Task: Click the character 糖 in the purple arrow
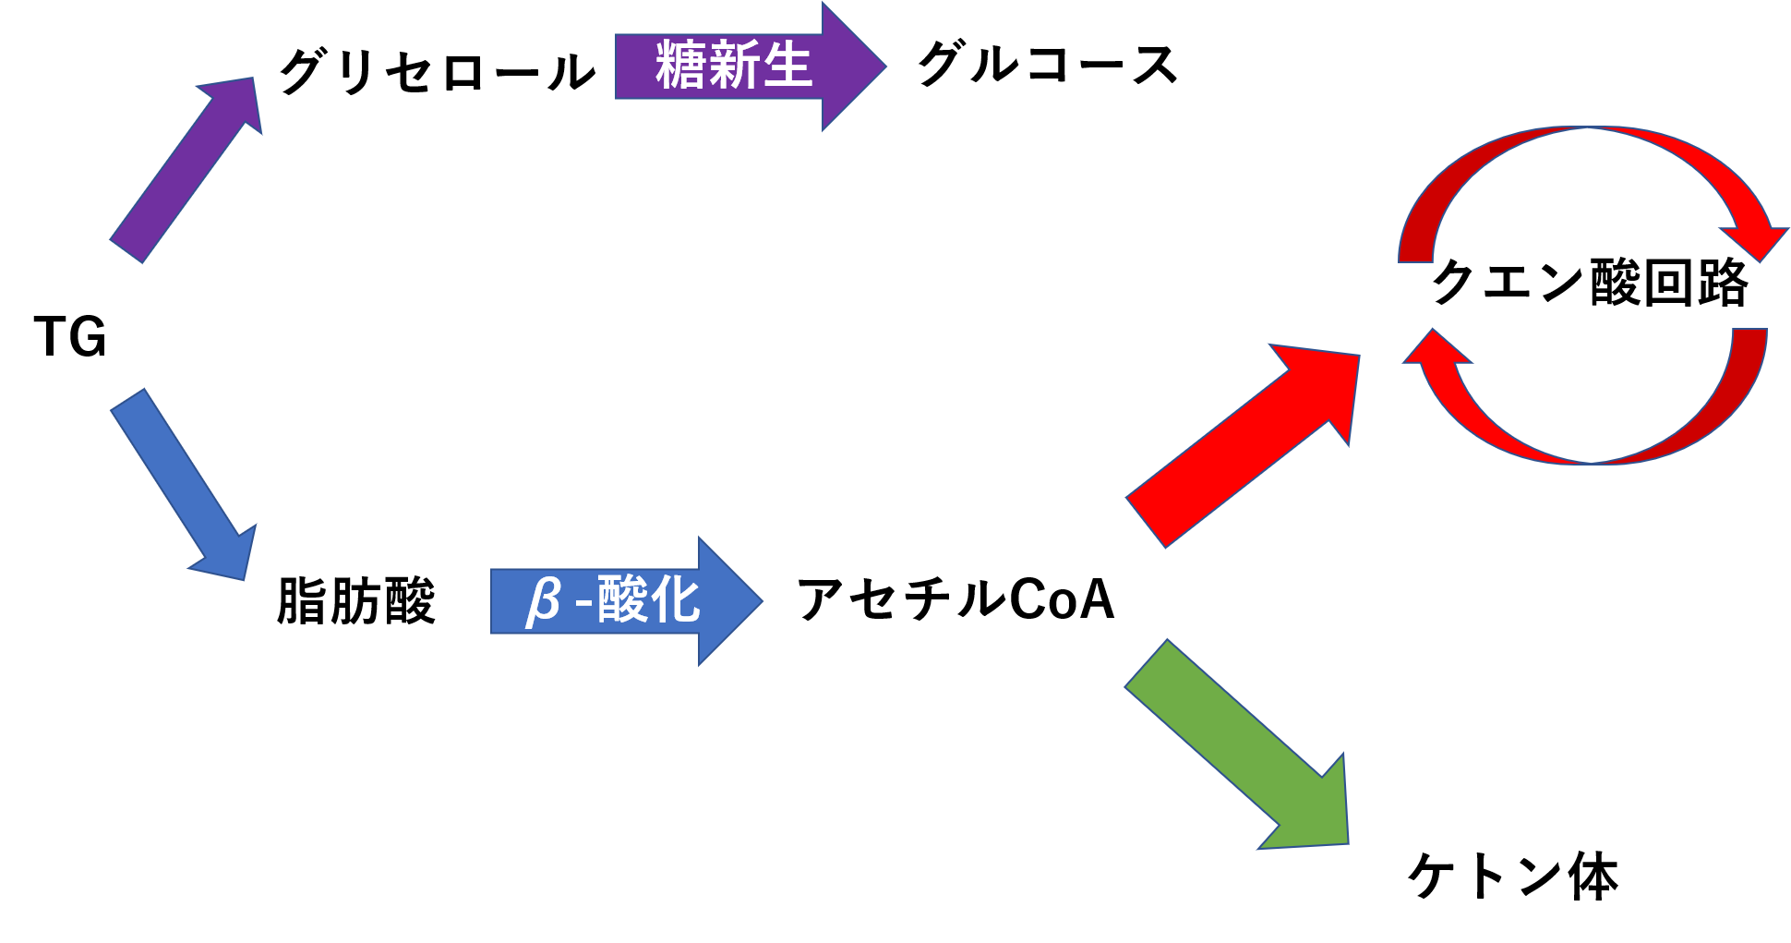680,66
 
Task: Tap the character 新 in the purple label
733,66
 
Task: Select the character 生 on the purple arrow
787,66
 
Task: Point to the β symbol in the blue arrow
543,600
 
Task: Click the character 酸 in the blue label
622,600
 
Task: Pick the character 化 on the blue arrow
675,600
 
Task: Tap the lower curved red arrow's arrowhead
1436,351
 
